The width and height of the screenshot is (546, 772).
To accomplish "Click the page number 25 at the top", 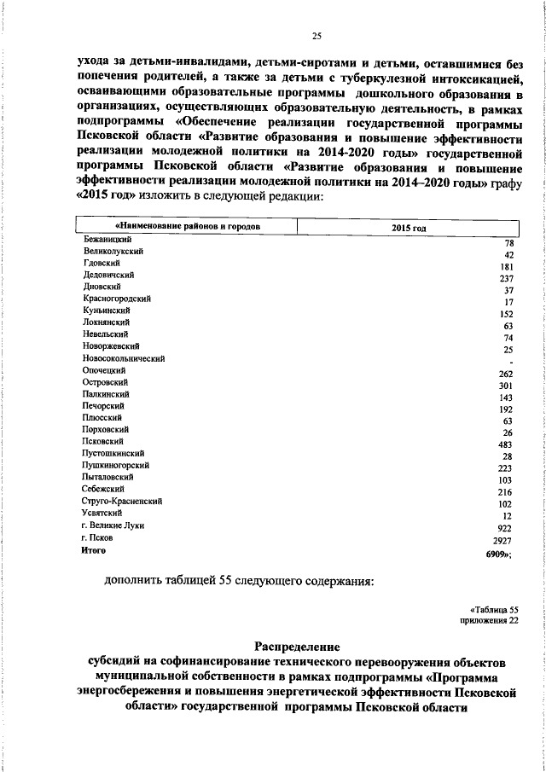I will pyautogui.click(x=317, y=35).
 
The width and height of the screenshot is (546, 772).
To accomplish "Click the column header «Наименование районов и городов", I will pyautogui.click(x=187, y=227).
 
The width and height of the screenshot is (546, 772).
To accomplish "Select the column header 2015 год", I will pyautogui.click(x=408, y=228).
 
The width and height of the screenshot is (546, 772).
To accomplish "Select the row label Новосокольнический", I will pyautogui.click(x=123, y=359).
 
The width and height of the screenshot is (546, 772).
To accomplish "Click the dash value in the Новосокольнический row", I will pyautogui.click(x=509, y=362).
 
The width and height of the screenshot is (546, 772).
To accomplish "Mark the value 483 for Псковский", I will pyautogui.click(x=505, y=444).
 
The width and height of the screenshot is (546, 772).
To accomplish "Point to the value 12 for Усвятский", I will pyautogui.click(x=508, y=515).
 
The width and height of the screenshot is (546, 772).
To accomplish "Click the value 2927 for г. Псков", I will pyautogui.click(x=503, y=540).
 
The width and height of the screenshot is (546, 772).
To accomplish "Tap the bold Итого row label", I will pyautogui.click(x=93, y=551).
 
